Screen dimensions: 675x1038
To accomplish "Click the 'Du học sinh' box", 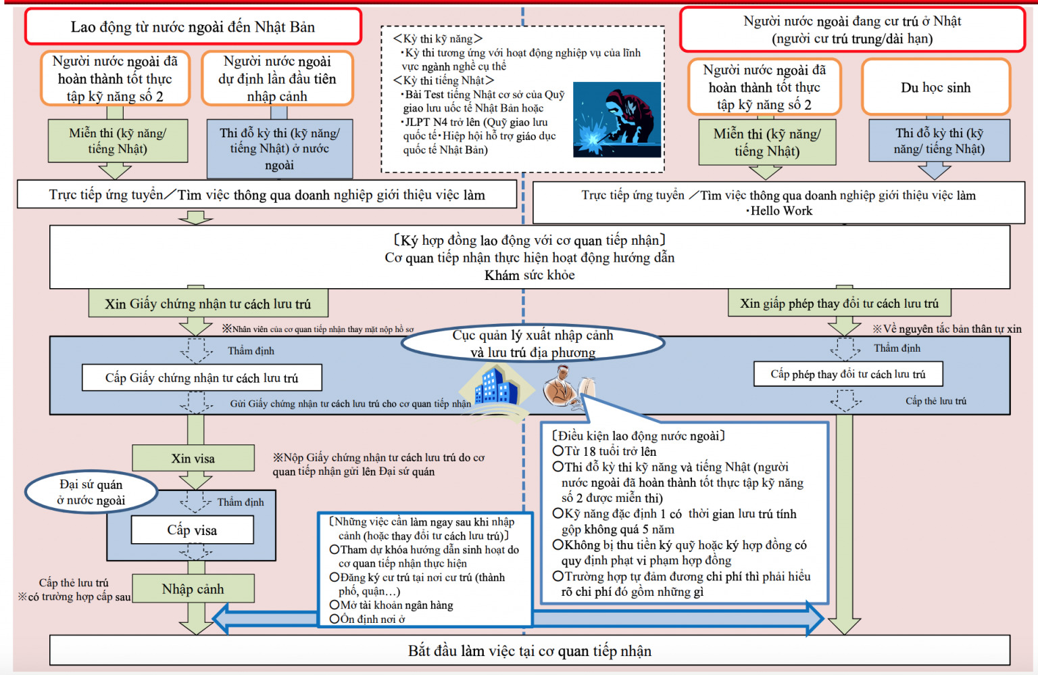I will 935,87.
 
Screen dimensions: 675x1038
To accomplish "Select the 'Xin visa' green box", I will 193,458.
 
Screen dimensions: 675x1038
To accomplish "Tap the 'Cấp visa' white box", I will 193,530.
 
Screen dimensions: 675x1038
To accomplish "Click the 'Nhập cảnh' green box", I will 193,588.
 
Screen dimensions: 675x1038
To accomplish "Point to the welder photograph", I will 616,120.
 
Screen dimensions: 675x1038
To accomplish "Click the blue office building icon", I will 496,386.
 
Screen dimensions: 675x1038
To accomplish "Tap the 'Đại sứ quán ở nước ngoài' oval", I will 91,492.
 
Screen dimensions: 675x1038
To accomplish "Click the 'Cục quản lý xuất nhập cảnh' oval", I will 533,344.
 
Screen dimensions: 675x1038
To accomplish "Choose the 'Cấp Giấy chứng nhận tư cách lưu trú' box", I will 201,377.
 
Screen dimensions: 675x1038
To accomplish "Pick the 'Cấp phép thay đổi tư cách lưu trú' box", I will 848,374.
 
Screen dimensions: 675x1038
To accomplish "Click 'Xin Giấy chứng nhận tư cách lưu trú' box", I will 208,304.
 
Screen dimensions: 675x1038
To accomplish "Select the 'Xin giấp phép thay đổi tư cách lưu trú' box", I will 839,303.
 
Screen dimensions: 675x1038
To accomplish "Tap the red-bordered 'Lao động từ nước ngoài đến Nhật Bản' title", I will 193,27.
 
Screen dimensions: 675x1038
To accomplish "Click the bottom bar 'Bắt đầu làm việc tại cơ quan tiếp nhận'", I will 529,651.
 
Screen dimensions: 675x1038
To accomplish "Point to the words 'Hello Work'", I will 781,211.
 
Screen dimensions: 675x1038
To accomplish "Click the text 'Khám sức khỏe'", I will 529,275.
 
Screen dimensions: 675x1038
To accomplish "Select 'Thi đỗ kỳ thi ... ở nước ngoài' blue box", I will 279,149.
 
